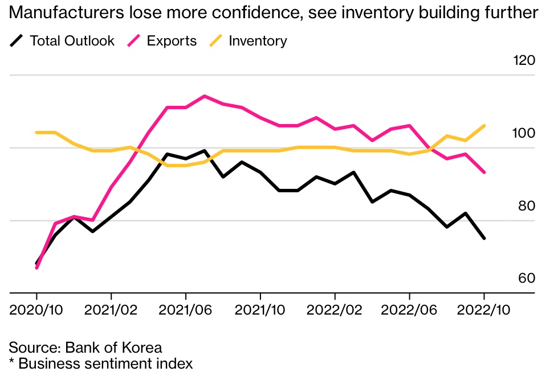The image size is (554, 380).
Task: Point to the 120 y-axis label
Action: click(523, 60)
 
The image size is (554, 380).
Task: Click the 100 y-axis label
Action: click(523, 133)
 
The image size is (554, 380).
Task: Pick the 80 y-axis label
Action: click(526, 205)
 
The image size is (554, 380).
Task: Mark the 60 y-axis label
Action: click(526, 278)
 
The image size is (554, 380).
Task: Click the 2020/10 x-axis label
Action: click(37, 312)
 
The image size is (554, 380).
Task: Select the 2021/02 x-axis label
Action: click(111, 312)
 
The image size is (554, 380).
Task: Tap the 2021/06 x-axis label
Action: click(186, 312)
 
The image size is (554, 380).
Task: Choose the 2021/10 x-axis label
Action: click(260, 312)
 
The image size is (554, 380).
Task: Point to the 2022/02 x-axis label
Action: click(335, 312)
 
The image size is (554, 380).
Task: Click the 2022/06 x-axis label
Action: click(409, 312)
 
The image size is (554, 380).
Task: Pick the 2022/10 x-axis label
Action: click(484, 312)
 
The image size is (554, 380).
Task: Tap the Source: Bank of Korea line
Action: click(85, 348)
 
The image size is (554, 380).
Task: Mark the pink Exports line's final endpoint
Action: click(484, 172)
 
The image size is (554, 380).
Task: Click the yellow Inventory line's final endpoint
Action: click(484, 126)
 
